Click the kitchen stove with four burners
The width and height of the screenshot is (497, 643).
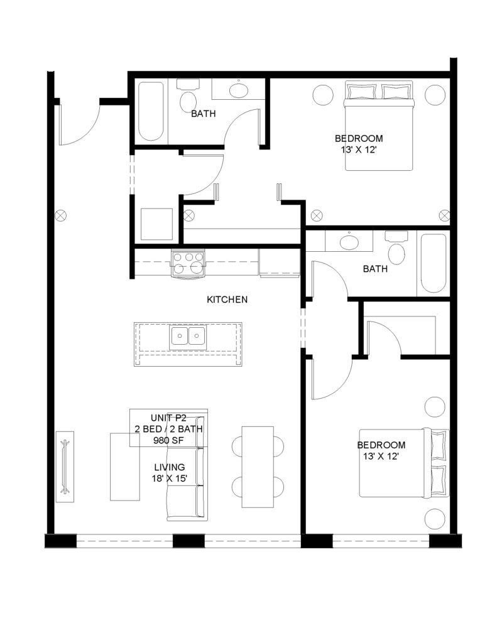click(188, 264)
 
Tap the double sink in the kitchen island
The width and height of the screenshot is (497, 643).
click(188, 337)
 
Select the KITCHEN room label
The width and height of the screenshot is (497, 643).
click(227, 300)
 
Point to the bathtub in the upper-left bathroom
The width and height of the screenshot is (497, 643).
click(151, 112)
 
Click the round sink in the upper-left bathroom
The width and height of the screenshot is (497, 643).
click(238, 90)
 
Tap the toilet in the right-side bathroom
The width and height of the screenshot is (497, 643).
click(396, 248)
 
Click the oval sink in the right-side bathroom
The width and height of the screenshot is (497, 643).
click(349, 242)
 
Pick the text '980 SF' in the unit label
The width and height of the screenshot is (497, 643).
click(168, 440)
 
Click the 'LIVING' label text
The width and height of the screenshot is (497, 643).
click(170, 467)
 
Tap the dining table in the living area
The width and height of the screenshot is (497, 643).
click(258, 467)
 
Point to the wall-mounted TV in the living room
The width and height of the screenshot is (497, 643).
click(65, 467)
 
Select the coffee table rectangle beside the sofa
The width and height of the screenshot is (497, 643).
click(125, 467)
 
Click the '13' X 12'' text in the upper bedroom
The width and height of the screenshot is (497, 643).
click(359, 150)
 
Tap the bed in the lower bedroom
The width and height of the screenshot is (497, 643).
click(404, 463)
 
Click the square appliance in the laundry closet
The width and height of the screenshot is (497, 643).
click(156, 224)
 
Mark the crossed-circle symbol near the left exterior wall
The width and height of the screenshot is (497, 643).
click(61, 215)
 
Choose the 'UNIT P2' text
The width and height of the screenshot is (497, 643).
click(168, 418)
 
